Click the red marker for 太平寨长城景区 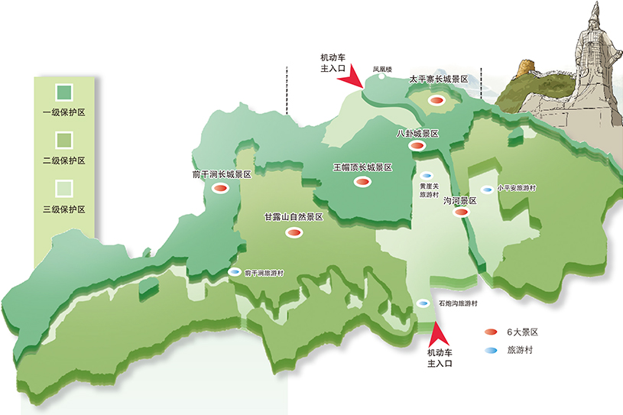pyautogui.click(x=436, y=100)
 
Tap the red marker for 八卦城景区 pyautogui.click(x=416, y=145)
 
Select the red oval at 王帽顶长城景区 pyautogui.click(x=361, y=182)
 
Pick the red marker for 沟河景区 pyautogui.click(x=459, y=213)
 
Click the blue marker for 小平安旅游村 pyautogui.click(x=486, y=190)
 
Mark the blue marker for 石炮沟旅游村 pyautogui.click(x=423, y=303)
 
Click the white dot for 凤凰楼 pyautogui.click(x=381, y=76)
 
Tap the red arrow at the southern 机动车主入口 pyautogui.click(x=437, y=332)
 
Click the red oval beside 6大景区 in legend pyautogui.click(x=491, y=332)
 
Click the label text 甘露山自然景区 pyautogui.click(x=294, y=218)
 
